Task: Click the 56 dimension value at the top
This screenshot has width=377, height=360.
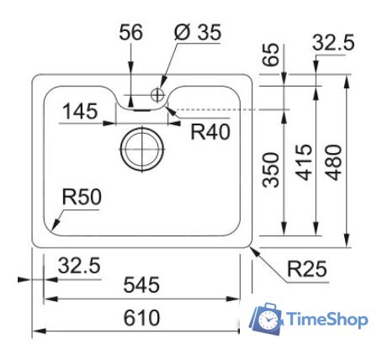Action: tap(130, 33)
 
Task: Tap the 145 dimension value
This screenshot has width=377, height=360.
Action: tap(80, 111)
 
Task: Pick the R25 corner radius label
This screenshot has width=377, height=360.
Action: tap(307, 269)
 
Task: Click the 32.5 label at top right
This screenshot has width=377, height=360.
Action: tap(333, 43)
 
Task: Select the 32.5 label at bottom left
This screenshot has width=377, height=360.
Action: tap(78, 266)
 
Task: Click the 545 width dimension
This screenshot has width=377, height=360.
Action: tap(141, 286)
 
